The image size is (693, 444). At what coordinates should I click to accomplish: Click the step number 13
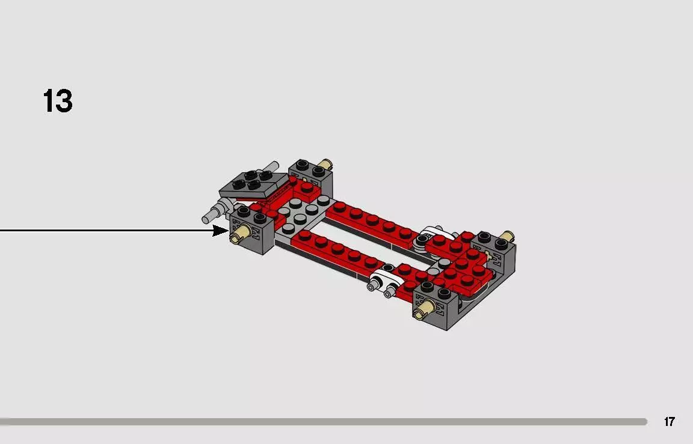click(x=58, y=101)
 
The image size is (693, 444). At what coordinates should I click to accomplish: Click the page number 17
click(x=669, y=422)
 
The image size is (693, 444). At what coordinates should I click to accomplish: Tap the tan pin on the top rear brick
click(x=325, y=164)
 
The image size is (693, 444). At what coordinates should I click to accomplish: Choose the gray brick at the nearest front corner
click(x=439, y=306)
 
